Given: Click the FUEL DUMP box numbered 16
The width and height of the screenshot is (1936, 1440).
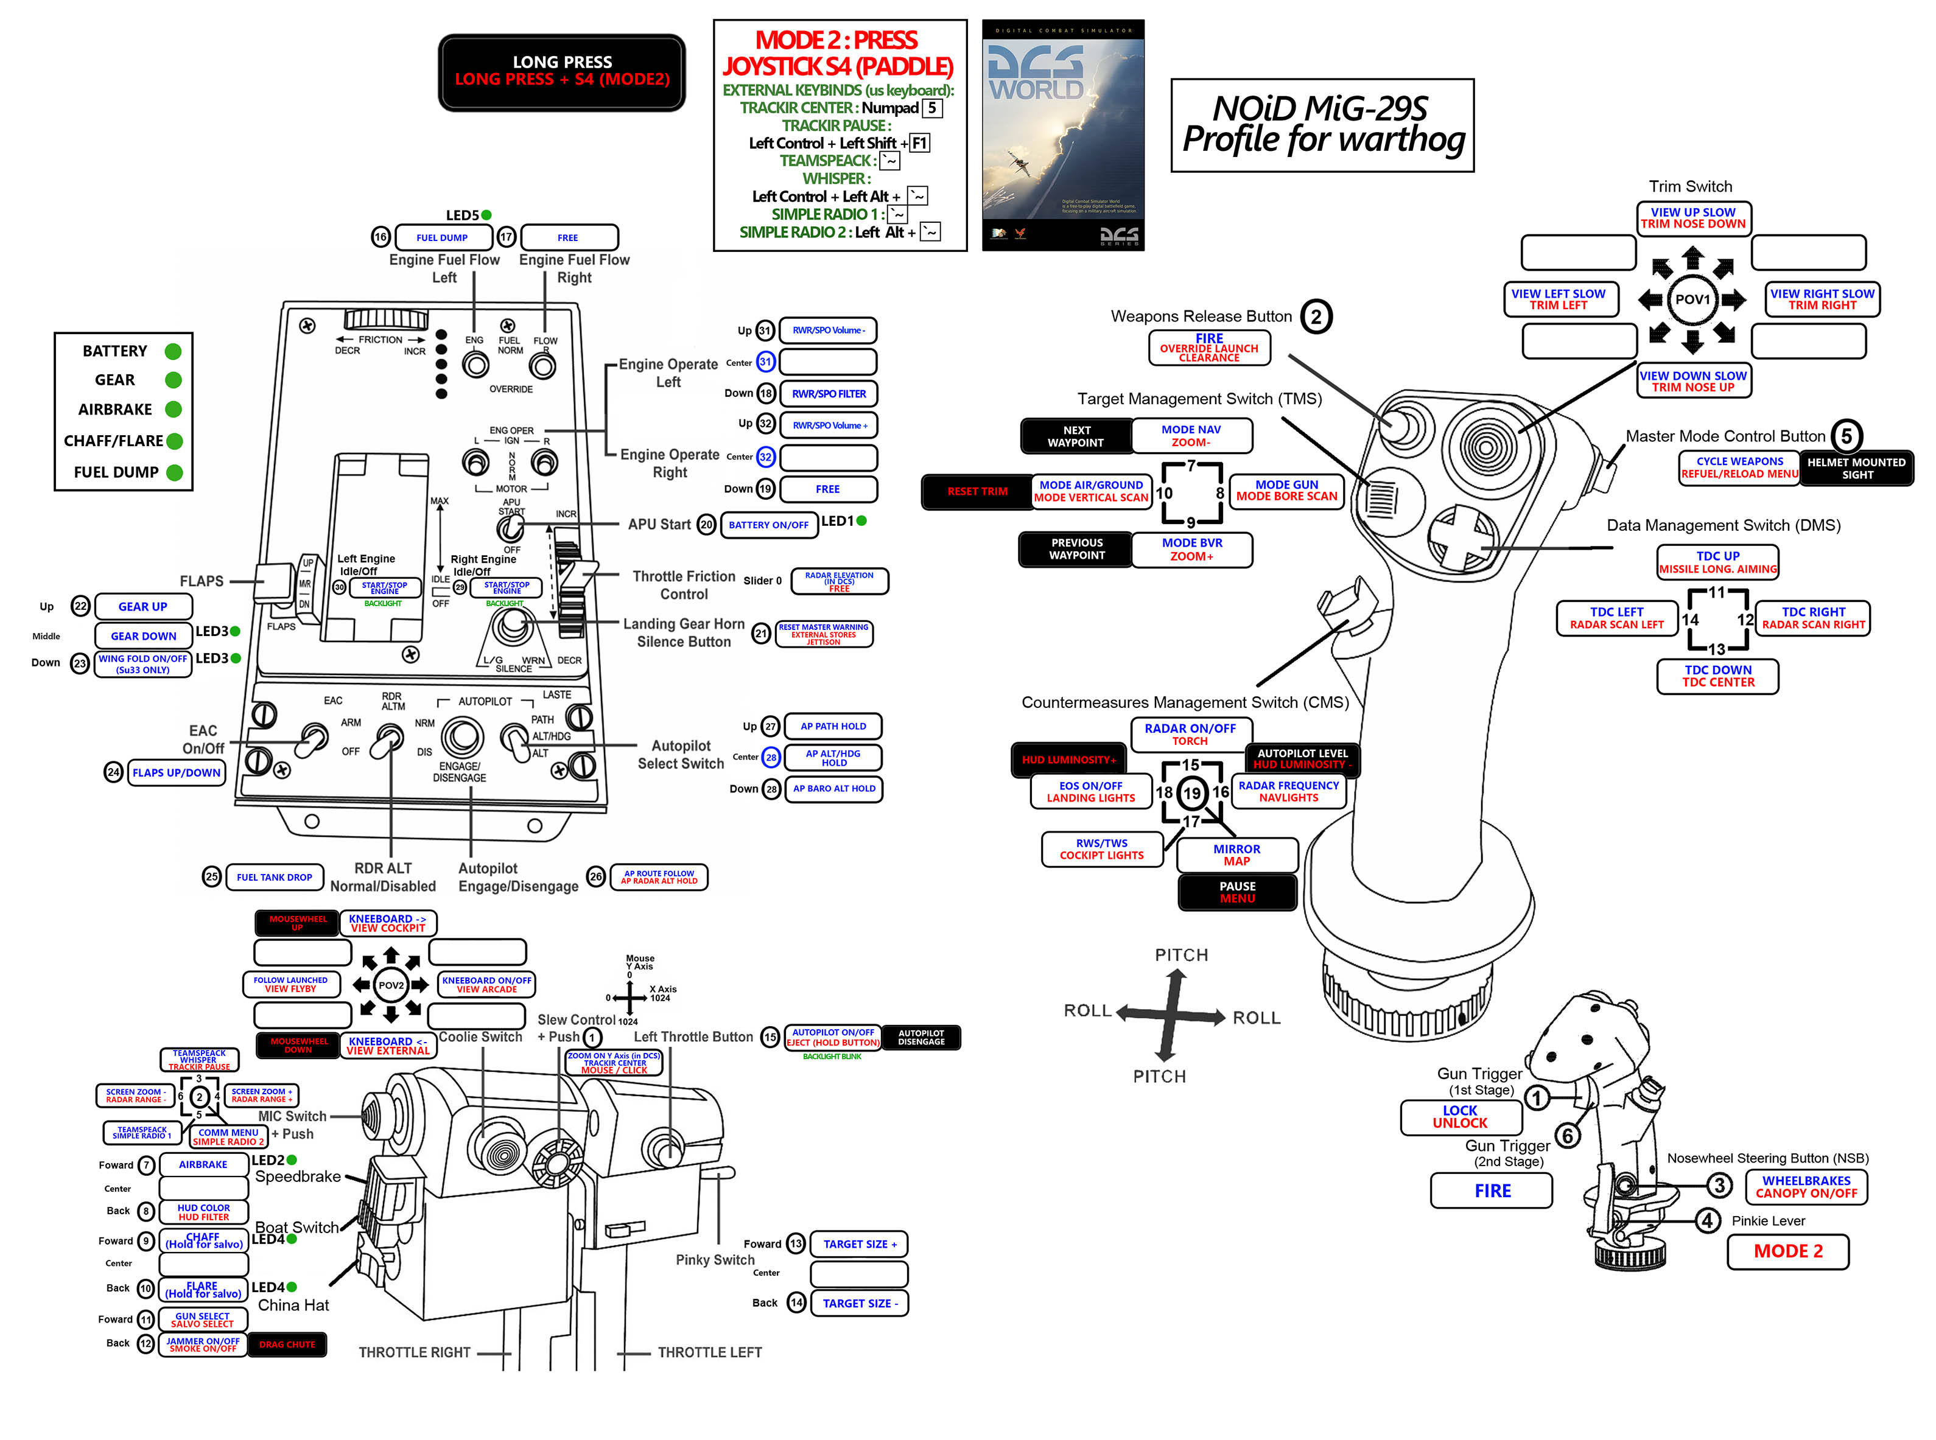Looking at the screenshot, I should [442, 237].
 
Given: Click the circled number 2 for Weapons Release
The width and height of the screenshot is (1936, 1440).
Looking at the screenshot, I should [1316, 316].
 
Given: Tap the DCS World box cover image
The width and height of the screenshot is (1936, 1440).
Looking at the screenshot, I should [1062, 135].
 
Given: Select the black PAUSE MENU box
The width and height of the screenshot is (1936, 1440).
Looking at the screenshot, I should [1237, 892].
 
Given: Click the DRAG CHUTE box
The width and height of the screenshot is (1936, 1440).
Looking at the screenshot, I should [287, 1344].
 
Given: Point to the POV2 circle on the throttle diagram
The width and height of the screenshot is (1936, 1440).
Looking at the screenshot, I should [390, 985].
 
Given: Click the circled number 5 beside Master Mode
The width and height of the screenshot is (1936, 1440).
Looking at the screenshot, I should [1845, 436].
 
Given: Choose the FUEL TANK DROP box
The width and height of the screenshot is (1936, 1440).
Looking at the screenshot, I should [274, 877].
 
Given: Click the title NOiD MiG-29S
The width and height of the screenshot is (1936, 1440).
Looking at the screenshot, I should [1320, 109].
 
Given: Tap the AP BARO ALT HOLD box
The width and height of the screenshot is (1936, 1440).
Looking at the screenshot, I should [833, 789].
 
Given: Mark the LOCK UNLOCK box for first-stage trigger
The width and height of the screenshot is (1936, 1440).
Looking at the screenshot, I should [1460, 1117].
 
